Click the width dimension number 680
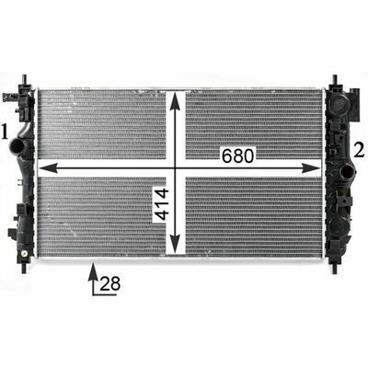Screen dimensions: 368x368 [x=238, y=155]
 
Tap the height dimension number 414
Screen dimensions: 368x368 [x=162, y=204]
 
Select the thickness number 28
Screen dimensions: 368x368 [x=109, y=283]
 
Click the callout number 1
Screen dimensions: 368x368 [x=5, y=132]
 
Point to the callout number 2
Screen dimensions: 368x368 [x=360, y=150]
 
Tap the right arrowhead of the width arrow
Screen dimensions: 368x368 [x=311, y=168]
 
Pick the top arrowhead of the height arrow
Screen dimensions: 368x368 [x=175, y=101]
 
